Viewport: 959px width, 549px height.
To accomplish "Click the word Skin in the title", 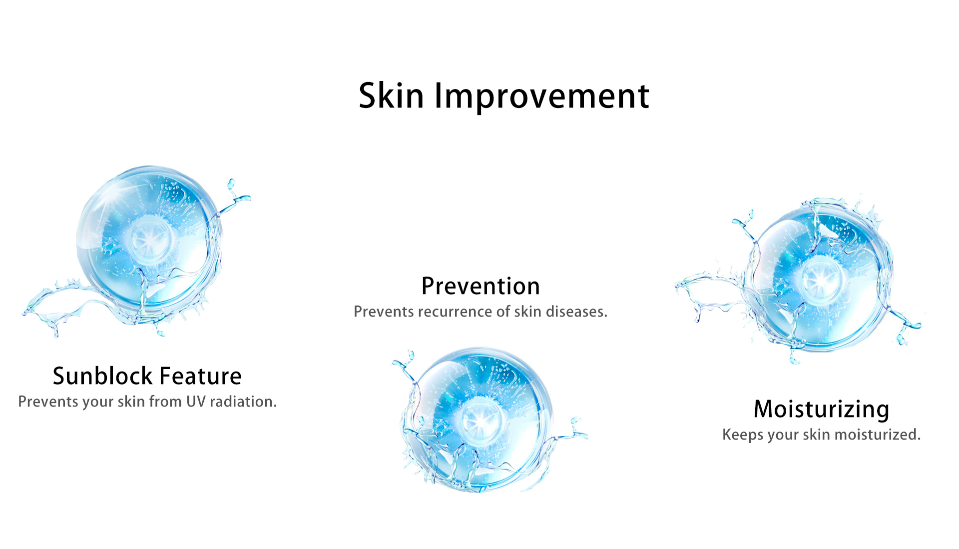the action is pos(391,95).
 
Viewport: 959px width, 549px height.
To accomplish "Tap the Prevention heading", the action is pos(480,286).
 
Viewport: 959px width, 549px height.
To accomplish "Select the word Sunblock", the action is pos(102,375).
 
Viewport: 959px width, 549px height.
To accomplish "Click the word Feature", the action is pos(200,376).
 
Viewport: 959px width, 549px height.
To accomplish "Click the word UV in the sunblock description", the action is pos(196,401).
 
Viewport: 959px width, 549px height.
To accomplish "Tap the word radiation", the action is pos(243,401).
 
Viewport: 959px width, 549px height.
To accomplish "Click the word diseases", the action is pos(576,311).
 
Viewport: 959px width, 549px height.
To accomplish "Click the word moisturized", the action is pos(878,434).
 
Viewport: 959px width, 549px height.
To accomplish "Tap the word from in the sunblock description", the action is pos(165,401).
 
